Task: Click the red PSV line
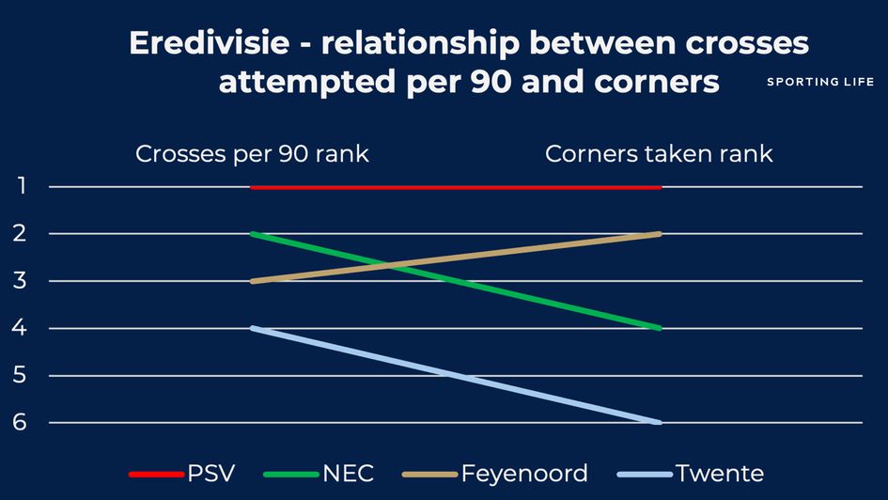[x=456, y=187]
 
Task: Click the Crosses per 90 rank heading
[x=252, y=154]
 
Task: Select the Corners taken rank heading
[x=659, y=154]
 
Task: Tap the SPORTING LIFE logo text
[x=820, y=82]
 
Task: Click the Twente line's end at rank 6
[x=660, y=422]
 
